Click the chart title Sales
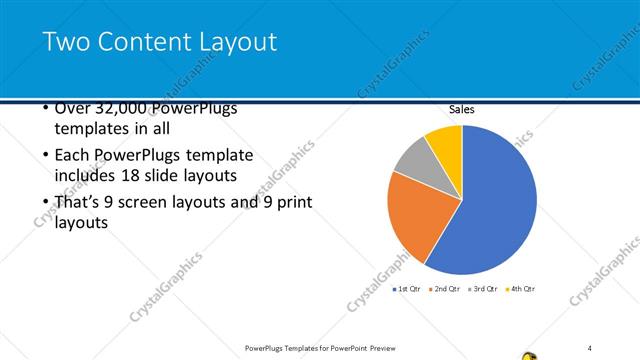[x=461, y=110]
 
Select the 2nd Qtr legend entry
[x=445, y=289]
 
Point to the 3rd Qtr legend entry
[x=483, y=289]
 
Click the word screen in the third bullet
[x=163, y=203]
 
